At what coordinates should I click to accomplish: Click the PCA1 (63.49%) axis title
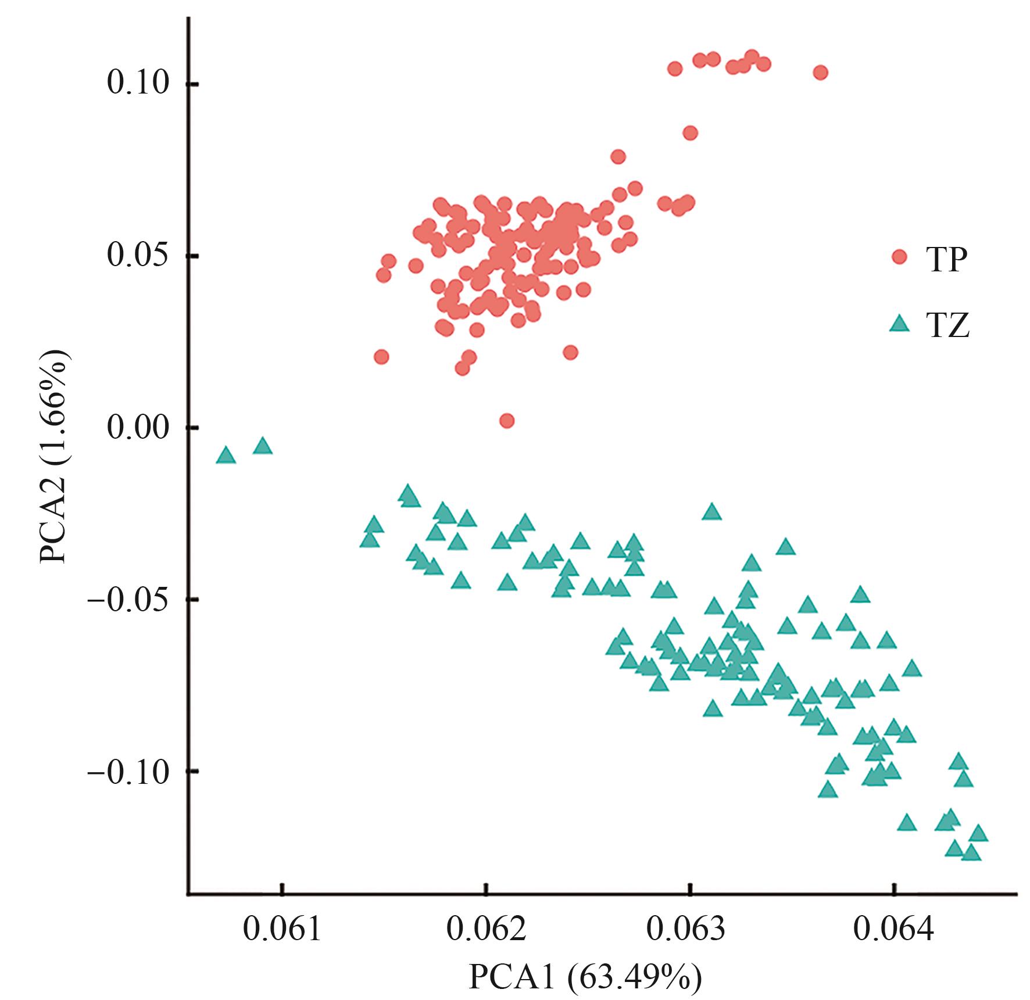585,977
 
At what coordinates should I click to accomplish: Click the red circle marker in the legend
899,257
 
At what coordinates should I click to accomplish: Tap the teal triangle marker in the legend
899,323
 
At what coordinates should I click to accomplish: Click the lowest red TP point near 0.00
506,420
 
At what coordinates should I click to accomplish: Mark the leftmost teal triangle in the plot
226,456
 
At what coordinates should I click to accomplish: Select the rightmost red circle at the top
820,72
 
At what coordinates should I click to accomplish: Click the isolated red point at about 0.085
690,133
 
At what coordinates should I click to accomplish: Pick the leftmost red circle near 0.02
381,356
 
